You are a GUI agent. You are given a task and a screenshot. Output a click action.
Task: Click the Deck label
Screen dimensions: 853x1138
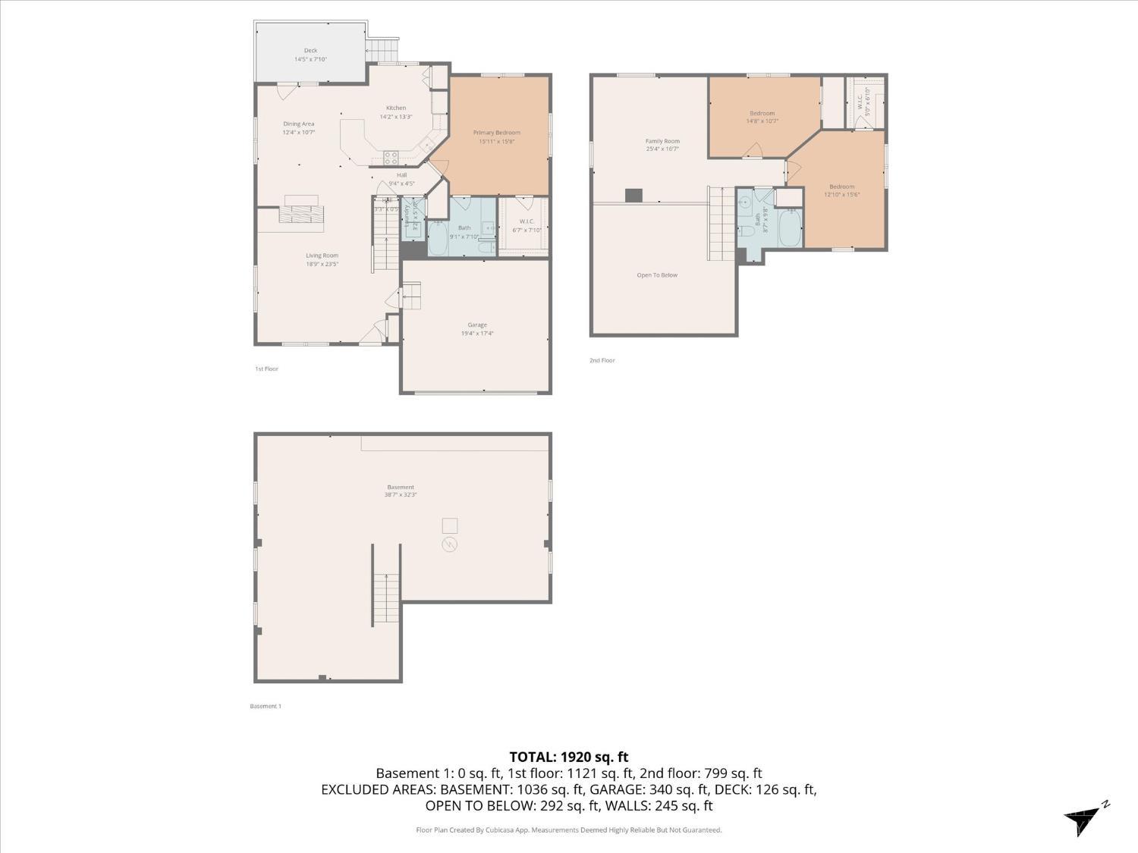[310, 51]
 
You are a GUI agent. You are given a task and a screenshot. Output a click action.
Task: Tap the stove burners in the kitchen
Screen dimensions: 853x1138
[391, 158]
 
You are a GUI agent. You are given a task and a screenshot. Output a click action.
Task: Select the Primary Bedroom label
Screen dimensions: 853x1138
[497, 133]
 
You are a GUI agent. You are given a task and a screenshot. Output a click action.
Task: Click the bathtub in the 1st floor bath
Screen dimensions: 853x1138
[438, 237]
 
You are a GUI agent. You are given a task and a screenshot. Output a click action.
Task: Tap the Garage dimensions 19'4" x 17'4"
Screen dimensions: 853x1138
[476, 334]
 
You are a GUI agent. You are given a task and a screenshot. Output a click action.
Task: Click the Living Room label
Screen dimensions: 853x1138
[322, 256]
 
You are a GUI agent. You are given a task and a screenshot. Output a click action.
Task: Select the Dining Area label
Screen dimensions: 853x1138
[298, 124]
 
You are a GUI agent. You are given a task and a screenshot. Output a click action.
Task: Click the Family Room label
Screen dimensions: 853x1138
[662, 141]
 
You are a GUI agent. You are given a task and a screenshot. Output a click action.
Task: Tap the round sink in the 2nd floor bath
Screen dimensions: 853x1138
[745, 202]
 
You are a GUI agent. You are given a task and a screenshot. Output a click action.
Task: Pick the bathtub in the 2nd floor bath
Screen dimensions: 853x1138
[790, 229]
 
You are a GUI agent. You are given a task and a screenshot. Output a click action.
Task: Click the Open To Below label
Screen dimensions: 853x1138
[657, 275]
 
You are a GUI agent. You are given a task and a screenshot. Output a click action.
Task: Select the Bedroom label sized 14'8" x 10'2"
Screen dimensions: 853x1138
[762, 113]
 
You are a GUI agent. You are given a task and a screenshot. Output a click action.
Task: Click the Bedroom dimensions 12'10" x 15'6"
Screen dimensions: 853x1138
[841, 195]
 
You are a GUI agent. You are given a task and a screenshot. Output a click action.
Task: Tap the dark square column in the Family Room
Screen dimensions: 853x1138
[633, 196]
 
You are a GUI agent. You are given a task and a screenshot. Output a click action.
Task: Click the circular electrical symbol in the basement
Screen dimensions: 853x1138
[449, 544]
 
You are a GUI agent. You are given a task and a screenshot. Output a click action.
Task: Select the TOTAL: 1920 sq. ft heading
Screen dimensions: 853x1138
[568, 757]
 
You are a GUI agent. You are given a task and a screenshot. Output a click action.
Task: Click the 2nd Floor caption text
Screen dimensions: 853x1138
[602, 360]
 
